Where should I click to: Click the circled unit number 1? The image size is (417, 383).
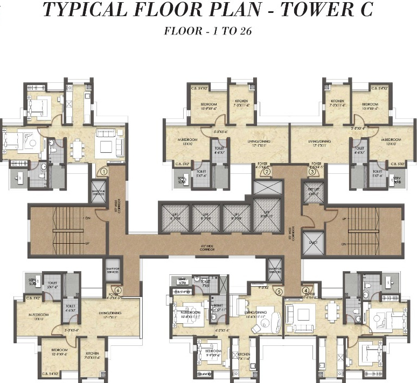pyautogui.click(x=104, y=172)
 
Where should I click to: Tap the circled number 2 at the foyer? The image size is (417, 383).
pyautogui.click(x=267, y=172)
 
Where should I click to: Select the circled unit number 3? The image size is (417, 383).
pyautogui.click(x=312, y=172)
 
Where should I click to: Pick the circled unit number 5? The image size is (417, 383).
pyautogui.click(x=279, y=292)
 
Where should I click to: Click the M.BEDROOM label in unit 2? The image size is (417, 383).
pyautogui.click(x=187, y=141)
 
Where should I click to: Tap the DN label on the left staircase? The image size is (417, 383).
pyautogui.click(x=87, y=218)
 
